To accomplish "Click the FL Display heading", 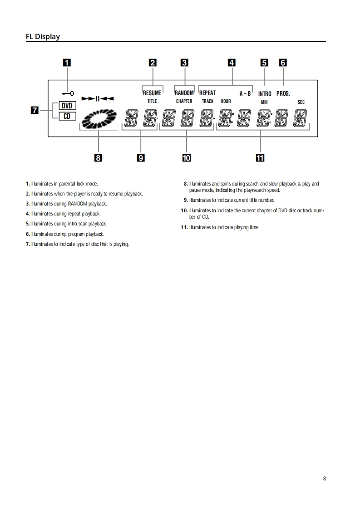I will click(x=43, y=37).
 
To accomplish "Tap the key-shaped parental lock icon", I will click(x=69, y=93).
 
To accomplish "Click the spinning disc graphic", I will click(x=99, y=119).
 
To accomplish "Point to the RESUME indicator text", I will click(x=152, y=93).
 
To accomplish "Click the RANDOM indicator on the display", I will click(x=184, y=93).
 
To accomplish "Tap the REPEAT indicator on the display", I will click(x=207, y=93).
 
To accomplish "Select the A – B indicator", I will click(x=245, y=93).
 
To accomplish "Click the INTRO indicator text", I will click(x=265, y=94).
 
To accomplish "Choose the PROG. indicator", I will click(x=283, y=93).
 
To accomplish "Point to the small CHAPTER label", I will click(x=184, y=101).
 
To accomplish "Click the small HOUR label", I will click(x=226, y=101).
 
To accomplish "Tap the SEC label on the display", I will click(x=301, y=102).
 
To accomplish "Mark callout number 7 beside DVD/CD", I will click(x=34, y=110).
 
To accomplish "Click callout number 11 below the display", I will click(x=260, y=157).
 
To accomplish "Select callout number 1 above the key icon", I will click(x=67, y=63).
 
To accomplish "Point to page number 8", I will click(x=324, y=478).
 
